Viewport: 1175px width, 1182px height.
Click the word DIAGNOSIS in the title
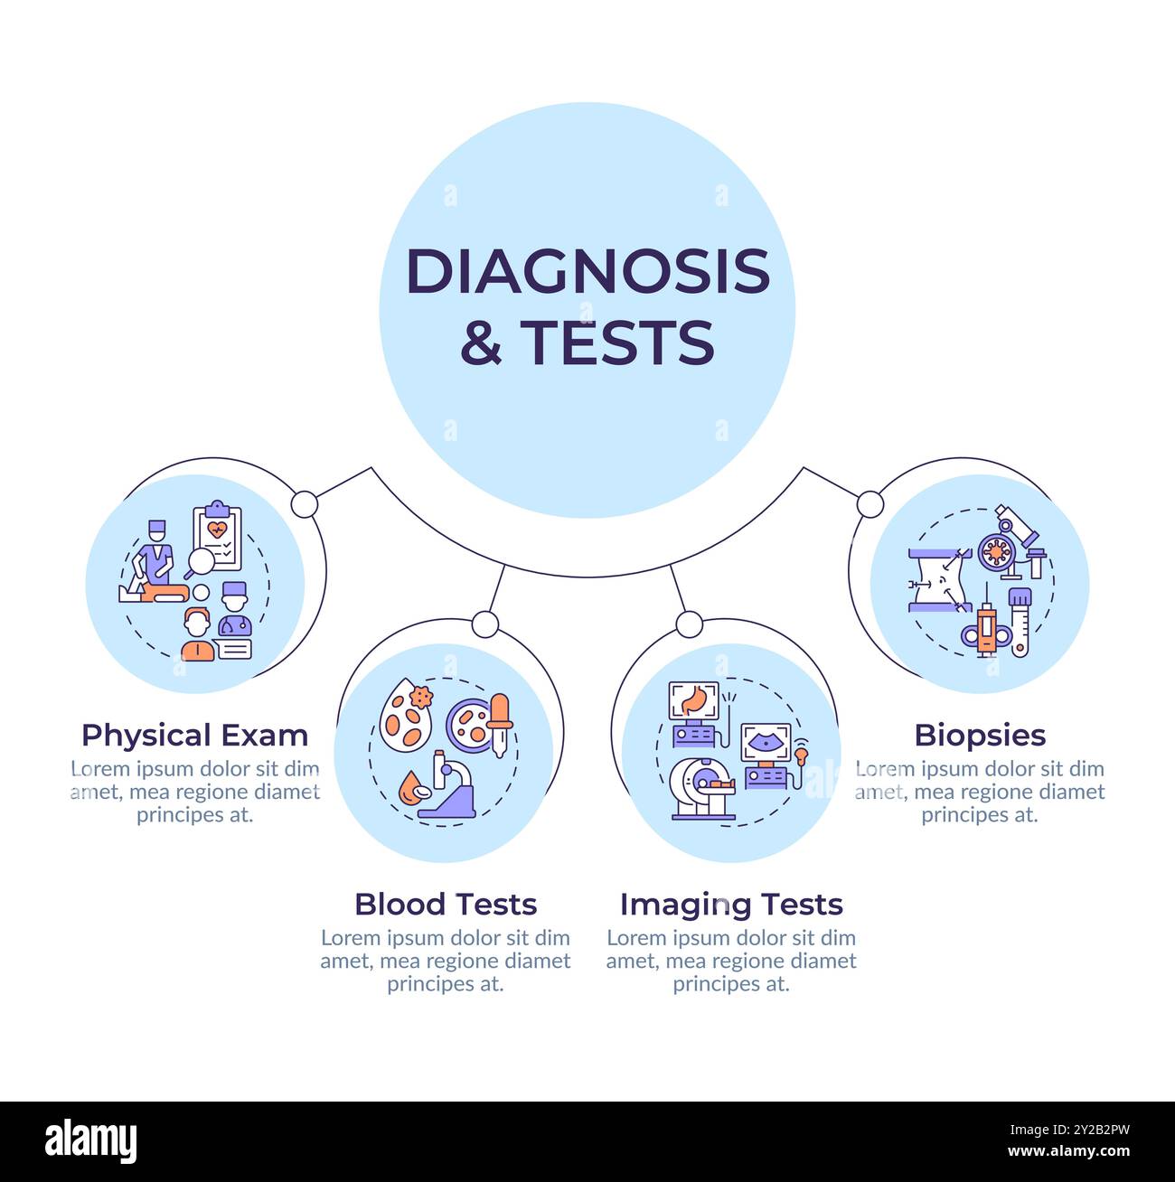[587, 270]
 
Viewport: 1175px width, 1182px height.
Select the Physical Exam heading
[194, 736]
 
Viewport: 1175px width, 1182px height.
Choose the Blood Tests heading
[446, 904]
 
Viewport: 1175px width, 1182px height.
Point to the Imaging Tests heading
[730, 904]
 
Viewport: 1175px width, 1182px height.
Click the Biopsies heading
[980, 736]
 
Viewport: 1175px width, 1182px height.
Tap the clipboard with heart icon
[218, 538]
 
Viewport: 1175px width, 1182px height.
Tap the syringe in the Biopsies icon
[984, 628]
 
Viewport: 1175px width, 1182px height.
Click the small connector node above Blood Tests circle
[485, 624]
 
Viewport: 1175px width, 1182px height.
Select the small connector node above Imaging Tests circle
[689, 624]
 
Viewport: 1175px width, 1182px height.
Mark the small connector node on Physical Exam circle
[305, 504]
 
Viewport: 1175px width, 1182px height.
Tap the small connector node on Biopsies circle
[869, 504]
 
